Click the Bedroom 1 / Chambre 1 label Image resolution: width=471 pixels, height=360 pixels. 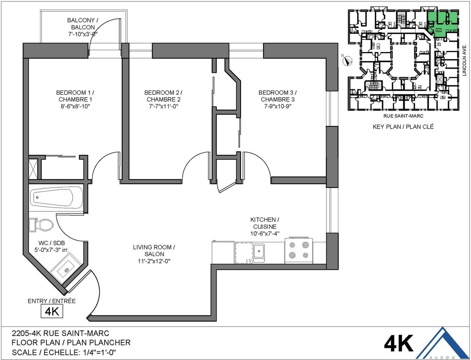[75, 96]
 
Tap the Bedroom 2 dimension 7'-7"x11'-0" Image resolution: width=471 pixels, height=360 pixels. [163, 106]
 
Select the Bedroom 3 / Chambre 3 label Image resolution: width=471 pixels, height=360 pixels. [278, 96]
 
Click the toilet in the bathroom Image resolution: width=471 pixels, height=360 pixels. [44, 225]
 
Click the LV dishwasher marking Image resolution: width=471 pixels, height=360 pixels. [248, 260]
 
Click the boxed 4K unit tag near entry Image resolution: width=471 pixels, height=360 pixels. [52, 311]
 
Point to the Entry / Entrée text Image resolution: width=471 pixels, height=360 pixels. [52, 301]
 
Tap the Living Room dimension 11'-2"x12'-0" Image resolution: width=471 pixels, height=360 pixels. [154, 261]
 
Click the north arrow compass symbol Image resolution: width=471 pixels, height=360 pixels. [348, 60]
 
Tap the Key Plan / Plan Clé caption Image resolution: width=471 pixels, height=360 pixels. [403, 127]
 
